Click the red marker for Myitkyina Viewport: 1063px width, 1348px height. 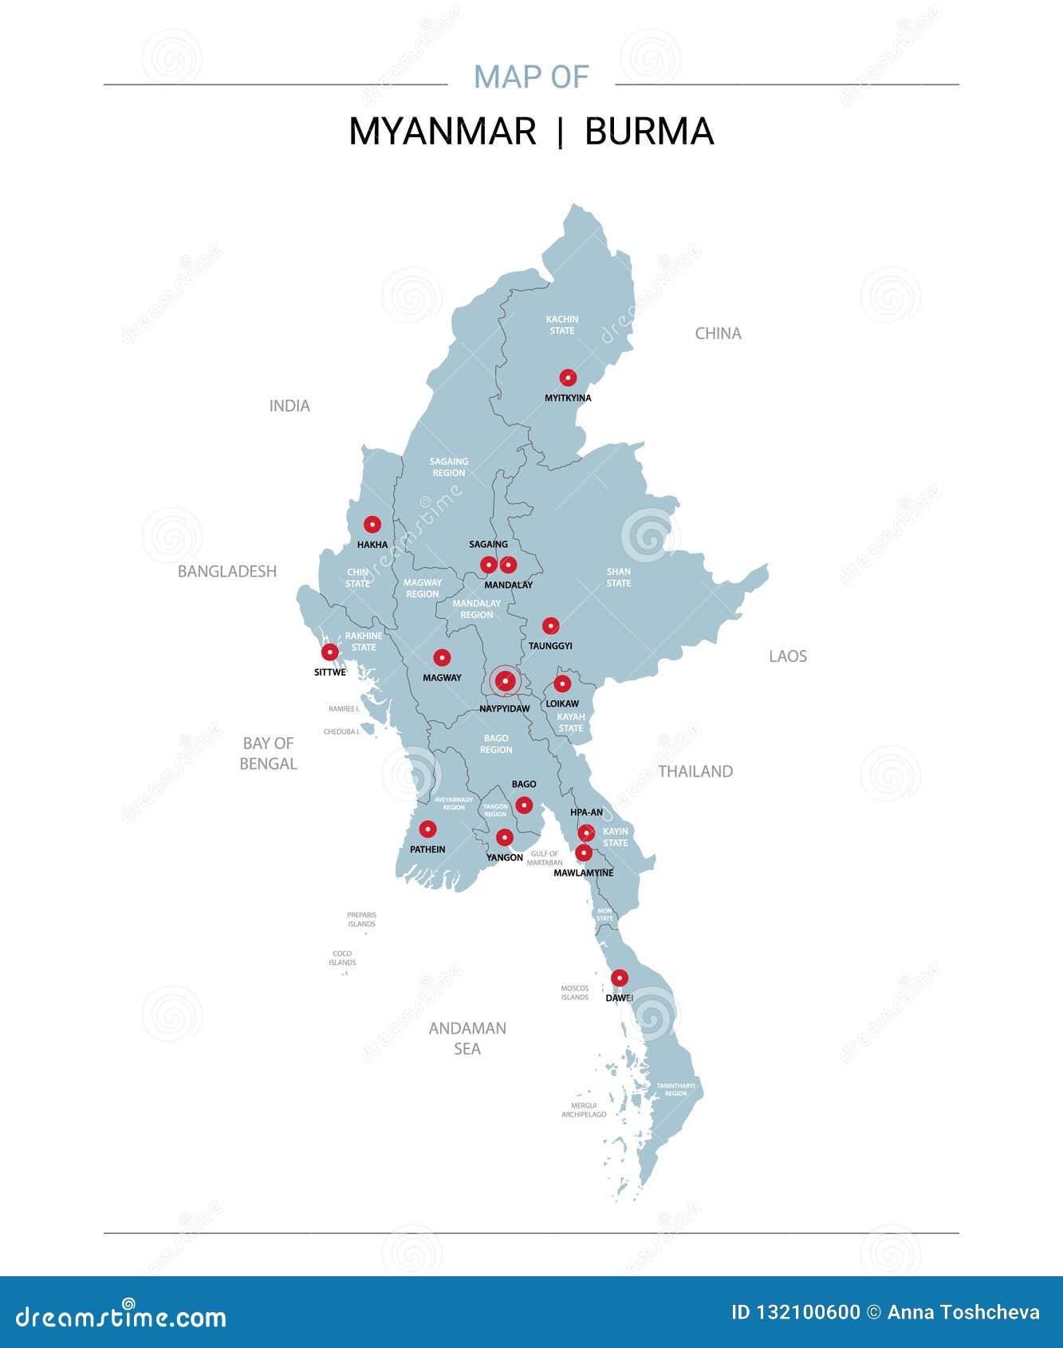tap(568, 377)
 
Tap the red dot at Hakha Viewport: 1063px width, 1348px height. tap(372, 524)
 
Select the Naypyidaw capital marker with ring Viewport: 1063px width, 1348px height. tap(505, 681)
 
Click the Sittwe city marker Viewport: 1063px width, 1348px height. tap(329, 652)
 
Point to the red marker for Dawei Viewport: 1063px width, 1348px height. tap(619, 978)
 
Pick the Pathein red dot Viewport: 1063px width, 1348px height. tap(428, 829)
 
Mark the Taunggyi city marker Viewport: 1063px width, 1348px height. tap(550, 625)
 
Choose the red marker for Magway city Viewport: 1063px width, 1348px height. tap(442, 658)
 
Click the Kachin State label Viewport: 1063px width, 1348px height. tap(562, 325)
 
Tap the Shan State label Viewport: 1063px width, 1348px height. tap(619, 577)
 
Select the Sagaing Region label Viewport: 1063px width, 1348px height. tap(449, 467)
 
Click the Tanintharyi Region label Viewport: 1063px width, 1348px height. tap(675, 1089)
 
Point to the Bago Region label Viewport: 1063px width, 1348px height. tap(496, 743)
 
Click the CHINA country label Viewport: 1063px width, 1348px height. tap(718, 333)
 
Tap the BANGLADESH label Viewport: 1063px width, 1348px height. tap(227, 571)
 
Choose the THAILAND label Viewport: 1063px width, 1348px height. tap(695, 771)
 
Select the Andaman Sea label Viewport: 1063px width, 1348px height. tap(467, 1038)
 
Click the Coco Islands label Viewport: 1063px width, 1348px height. tap(342, 958)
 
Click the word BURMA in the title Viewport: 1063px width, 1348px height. tap(649, 132)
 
